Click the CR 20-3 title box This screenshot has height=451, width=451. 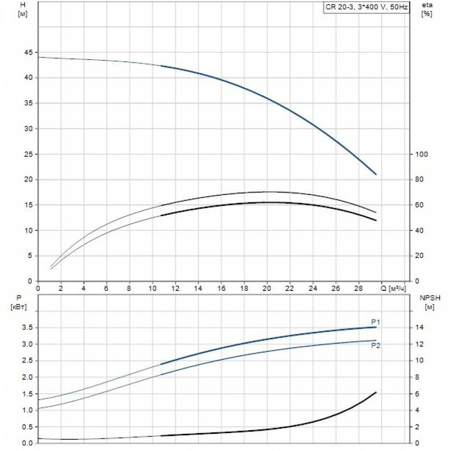pos(366,8)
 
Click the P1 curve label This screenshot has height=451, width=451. pos(376,322)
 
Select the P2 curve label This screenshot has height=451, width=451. pos(376,345)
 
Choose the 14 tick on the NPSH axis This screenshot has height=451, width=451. pos(419,327)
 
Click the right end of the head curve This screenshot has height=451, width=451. pos(376,174)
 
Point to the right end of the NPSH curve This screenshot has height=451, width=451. pos(376,392)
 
